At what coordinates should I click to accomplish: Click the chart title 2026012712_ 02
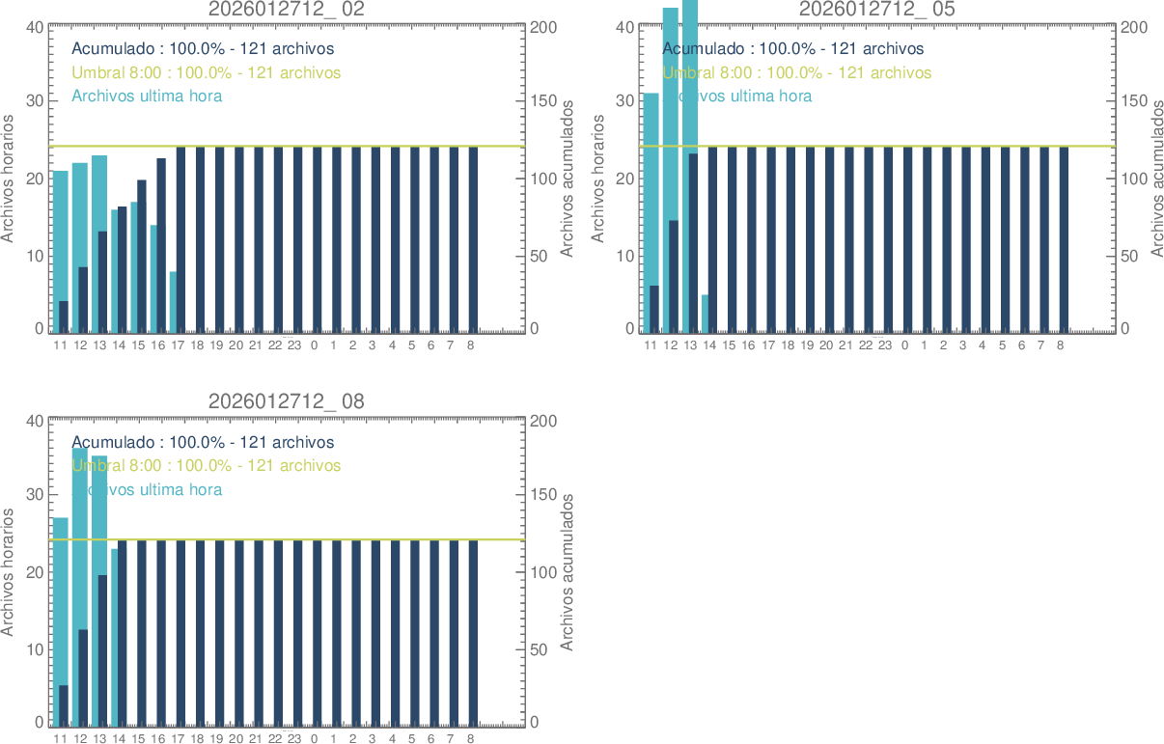tap(287, 10)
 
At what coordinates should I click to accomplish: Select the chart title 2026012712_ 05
tap(877, 10)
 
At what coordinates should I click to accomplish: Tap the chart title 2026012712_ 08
tap(287, 401)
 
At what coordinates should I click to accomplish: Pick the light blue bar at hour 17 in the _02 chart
tap(173, 302)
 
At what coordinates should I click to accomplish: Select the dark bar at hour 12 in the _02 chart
tap(83, 299)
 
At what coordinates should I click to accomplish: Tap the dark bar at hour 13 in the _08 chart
tap(102, 648)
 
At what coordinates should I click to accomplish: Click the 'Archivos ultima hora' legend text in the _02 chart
tap(147, 96)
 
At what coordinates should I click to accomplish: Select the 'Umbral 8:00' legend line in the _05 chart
tap(797, 72)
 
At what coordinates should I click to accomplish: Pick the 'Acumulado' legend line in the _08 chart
tap(203, 442)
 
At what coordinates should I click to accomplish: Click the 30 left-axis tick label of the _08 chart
tap(34, 494)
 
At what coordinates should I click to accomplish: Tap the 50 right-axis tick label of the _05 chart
tap(1132, 255)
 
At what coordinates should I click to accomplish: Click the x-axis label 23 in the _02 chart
tap(294, 344)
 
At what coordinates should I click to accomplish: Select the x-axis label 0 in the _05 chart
tap(904, 344)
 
